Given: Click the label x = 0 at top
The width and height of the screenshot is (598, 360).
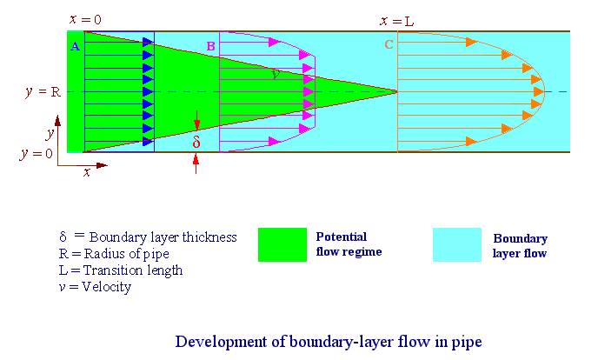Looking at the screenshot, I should (86, 18).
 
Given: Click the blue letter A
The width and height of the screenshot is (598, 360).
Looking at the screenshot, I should (76, 47).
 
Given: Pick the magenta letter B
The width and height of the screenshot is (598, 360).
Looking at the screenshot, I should (210, 46).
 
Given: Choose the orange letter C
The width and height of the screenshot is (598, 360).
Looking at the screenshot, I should (389, 45).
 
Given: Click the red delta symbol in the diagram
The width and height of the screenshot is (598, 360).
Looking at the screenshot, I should (196, 140).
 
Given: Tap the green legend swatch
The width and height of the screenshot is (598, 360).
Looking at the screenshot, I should (282, 244).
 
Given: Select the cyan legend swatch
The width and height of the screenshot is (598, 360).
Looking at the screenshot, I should (456, 244).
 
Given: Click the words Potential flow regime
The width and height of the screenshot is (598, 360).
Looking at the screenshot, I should (348, 244).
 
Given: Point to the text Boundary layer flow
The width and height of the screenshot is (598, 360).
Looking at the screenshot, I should (520, 246).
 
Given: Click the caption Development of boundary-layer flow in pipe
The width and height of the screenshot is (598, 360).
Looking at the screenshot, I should (328, 340).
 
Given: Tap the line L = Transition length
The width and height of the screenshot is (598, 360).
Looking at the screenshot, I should (120, 270).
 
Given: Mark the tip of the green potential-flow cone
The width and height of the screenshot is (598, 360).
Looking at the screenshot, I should (397, 91).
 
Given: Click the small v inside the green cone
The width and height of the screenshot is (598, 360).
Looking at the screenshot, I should (276, 76).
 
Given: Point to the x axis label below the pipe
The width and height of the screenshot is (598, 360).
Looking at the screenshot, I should (87, 172).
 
